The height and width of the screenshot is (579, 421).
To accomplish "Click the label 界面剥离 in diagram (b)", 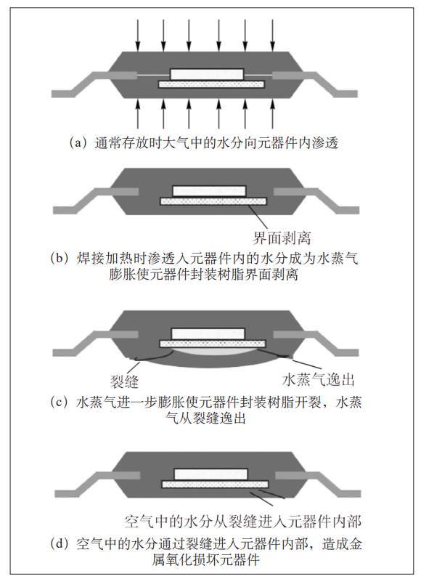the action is [x=282, y=238].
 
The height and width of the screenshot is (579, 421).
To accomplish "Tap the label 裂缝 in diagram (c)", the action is [x=124, y=381].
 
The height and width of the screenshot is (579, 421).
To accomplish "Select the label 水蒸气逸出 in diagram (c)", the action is [x=318, y=379].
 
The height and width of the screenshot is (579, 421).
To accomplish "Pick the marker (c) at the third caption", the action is [x=59, y=402].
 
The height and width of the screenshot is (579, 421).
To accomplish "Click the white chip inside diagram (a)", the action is [x=207, y=74].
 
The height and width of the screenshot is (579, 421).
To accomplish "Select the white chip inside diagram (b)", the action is [x=209, y=191].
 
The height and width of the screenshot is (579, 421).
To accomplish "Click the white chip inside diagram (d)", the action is [x=210, y=474].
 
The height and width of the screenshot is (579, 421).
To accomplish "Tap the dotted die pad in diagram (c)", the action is [x=213, y=344].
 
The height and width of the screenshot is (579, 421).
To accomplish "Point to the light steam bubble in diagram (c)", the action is [x=213, y=351].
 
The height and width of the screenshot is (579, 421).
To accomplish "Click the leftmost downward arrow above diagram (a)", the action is [x=138, y=35].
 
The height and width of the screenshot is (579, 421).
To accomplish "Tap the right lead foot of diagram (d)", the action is [x=348, y=494].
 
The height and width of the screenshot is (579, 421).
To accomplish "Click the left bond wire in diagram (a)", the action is [x=153, y=76].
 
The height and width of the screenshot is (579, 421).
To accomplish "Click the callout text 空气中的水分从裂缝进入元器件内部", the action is [x=242, y=522].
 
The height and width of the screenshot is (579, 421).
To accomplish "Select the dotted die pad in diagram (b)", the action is [x=213, y=201].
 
